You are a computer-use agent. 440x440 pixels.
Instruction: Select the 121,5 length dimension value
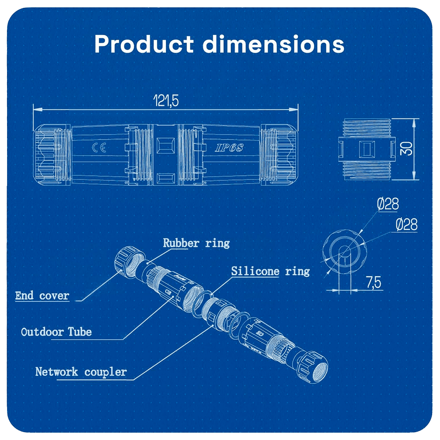pos(165,101)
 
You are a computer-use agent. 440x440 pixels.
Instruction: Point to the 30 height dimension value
pos(407,149)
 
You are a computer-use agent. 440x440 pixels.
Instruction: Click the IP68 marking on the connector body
pos(229,148)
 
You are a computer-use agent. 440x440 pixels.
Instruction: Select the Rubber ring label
pos(196,242)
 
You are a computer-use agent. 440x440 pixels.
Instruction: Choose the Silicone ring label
pos(270,271)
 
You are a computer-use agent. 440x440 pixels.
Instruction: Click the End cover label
pos(42,295)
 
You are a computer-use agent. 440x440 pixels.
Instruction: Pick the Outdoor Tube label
pos(56,332)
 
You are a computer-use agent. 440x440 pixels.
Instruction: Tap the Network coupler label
pos(81,372)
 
